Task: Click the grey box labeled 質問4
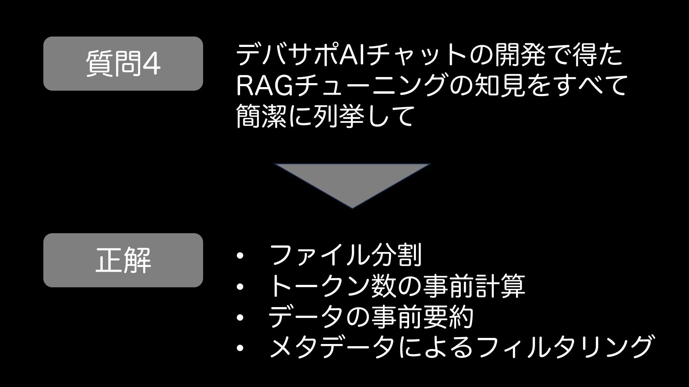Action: tap(123, 63)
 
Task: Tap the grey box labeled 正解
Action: tap(123, 260)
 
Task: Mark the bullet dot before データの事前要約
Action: tap(240, 317)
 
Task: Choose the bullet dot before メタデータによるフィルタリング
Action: tap(240, 348)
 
